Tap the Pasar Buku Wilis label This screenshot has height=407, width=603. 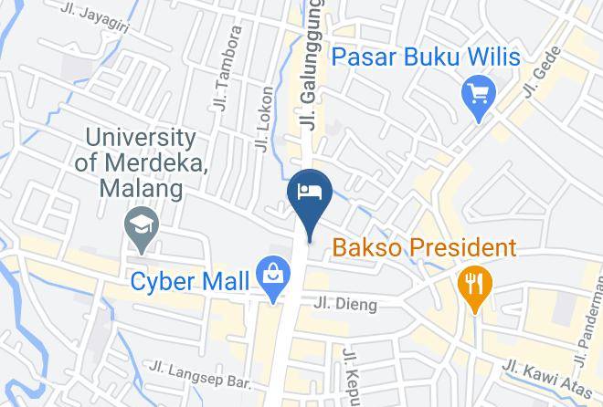pos(425,57)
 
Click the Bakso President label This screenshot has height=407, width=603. pos(424,246)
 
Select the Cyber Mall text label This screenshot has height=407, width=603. pos(188,281)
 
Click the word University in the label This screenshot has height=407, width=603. pos(141,138)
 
